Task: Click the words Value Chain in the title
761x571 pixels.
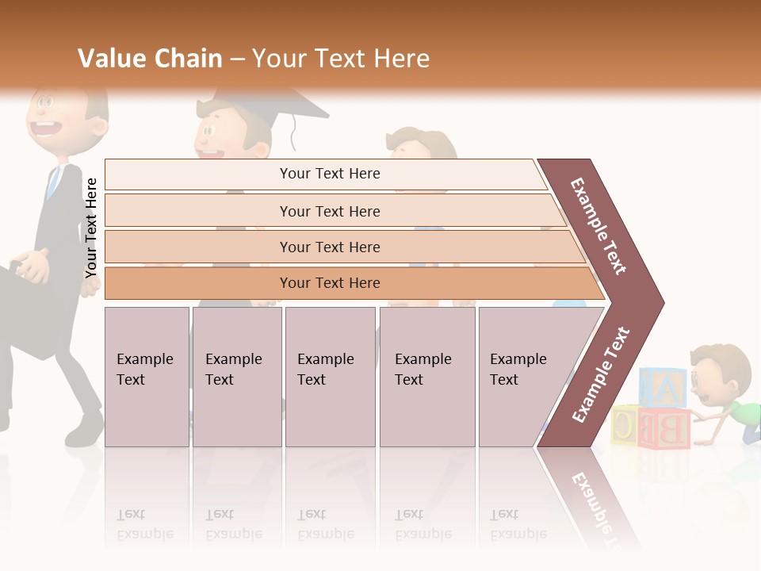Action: pyautogui.click(x=150, y=59)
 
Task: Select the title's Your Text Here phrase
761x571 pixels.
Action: pyautogui.click(x=341, y=59)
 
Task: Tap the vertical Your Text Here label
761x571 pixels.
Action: pyautogui.click(x=91, y=228)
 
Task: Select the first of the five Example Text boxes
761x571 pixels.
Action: pyautogui.click(x=147, y=377)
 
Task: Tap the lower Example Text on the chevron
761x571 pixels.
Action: pyautogui.click(x=601, y=374)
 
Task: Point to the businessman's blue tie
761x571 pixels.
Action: pyautogui.click(x=53, y=182)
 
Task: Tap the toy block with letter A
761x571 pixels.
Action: pyautogui.click(x=663, y=388)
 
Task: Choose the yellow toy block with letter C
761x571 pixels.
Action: pyautogui.click(x=624, y=425)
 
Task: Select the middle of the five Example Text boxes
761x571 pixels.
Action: pyautogui.click(x=330, y=377)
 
